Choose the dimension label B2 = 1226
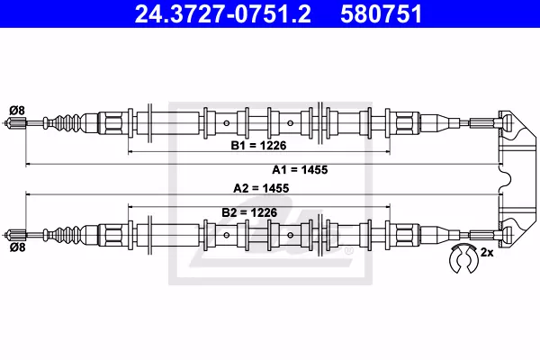click(248, 212)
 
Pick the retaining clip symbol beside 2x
click(464, 258)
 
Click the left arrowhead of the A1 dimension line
click(29, 166)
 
